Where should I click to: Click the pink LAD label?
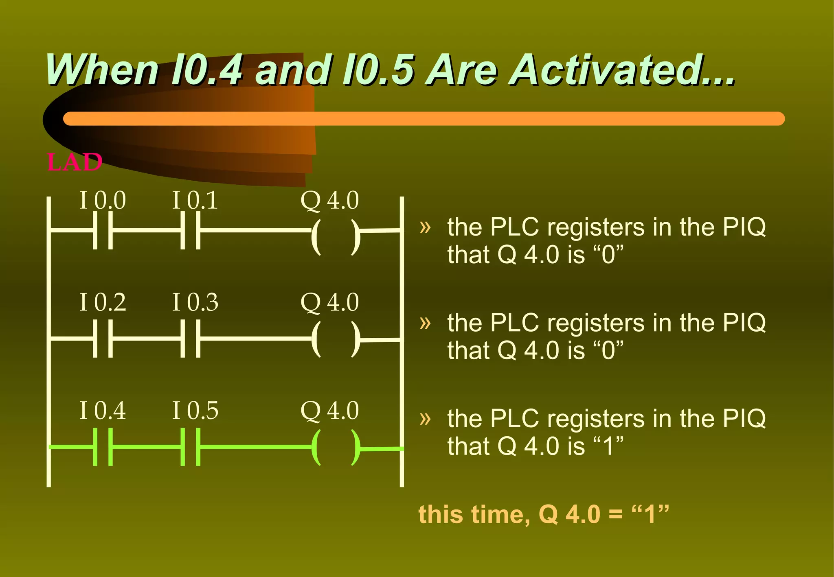tap(75, 162)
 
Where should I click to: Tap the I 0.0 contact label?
tap(102, 200)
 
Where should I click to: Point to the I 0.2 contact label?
tap(102, 302)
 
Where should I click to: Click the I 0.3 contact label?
tap(195, 302)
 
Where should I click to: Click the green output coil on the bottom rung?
tap(336, 447)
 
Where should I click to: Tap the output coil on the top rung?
tap(336, 237)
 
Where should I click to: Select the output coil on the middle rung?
tap(336, 339)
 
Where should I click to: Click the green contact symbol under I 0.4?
tap(103, 447)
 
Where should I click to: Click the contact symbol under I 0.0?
tap(103, 230)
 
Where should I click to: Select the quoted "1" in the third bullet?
tap(608, 446)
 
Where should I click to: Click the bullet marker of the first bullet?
tap(425, 227)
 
